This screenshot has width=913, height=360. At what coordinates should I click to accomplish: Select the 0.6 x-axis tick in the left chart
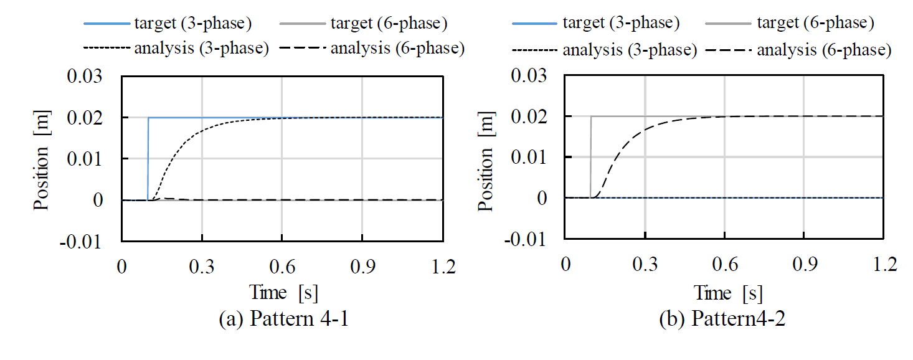(281, 266)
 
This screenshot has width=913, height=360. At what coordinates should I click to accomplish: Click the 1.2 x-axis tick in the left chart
(442, 266)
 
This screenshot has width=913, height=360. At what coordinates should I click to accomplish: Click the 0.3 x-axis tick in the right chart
(645, 264)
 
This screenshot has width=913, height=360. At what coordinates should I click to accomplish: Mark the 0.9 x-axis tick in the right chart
(804, 264)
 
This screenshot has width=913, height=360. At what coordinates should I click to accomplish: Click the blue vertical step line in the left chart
(148, 159)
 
